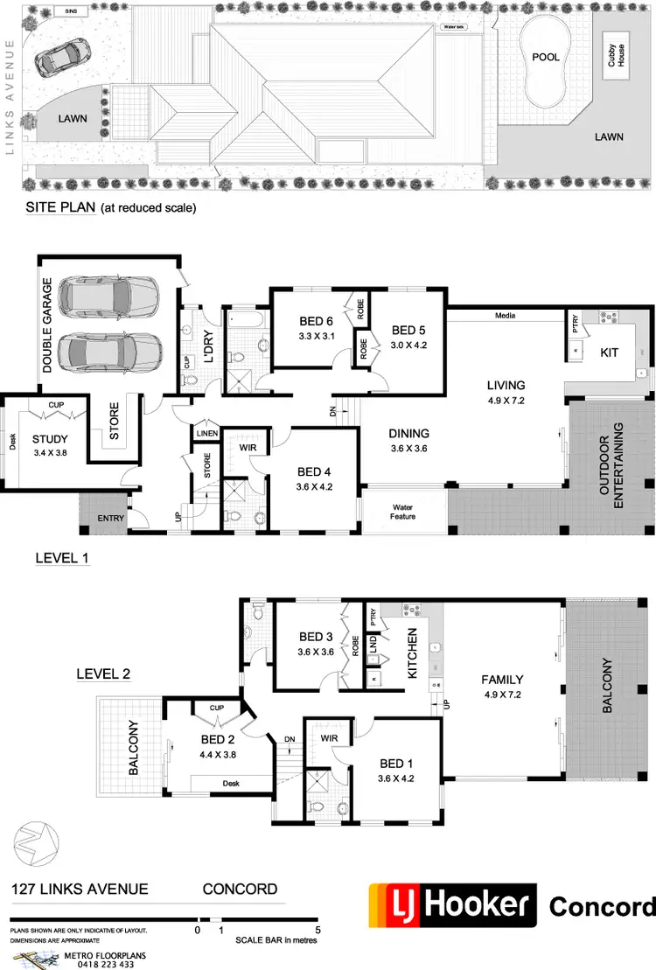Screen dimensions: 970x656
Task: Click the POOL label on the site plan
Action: (x=545, y=57)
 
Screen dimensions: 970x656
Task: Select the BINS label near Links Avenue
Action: (x=71, y=11)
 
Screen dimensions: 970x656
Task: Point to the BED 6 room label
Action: (x=316, y=321)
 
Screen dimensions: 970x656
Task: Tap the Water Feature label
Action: (x=402, y=512)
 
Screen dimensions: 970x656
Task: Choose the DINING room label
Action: (x=408, y=433)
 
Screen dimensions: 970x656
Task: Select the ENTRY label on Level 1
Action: (x=111, y=519)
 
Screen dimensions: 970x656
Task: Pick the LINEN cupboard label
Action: (x=206, y=433)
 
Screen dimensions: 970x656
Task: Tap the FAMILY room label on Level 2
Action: (x=502, y=679)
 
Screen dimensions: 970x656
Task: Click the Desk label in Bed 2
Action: (x=232, y=783)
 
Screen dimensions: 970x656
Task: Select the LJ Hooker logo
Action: (x=452, y=906)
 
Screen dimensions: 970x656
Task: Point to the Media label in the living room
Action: (x=504, y=315)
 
